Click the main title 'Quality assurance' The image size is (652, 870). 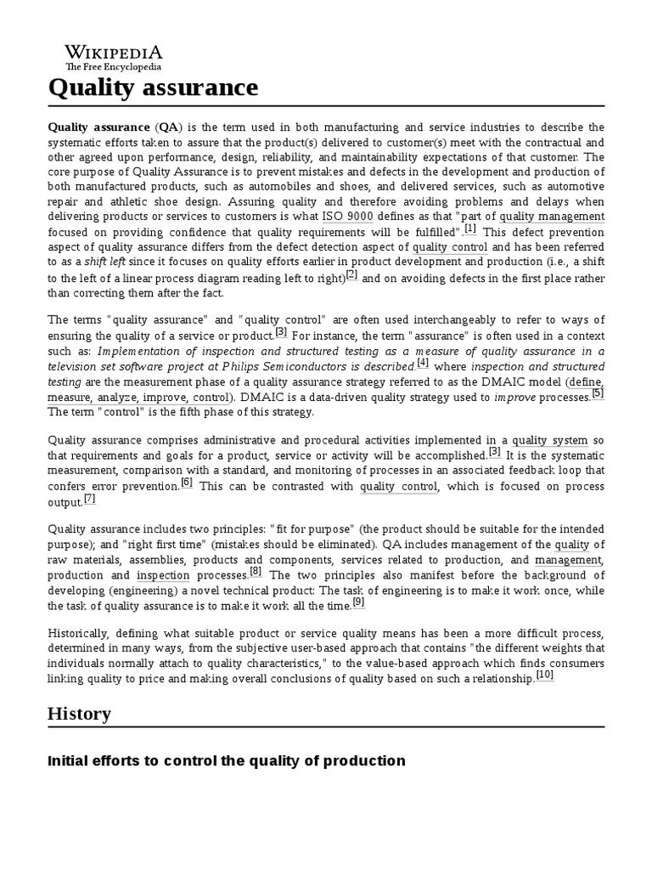(153, 88)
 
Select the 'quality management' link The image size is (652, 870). (553, 216)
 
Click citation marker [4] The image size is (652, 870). (423, 363)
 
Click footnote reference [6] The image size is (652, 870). (186, 482)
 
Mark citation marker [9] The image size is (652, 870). (358, 602)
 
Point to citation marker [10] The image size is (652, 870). (544, 675)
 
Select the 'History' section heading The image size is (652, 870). (79, 713)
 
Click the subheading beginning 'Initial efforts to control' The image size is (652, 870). (227, 760)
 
